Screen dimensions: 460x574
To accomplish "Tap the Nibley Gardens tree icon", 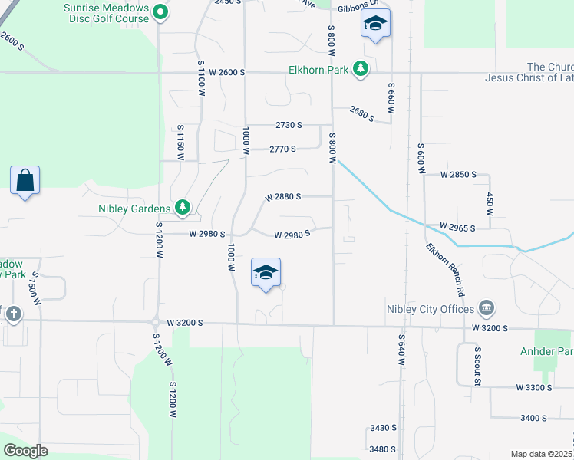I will click(183, 207).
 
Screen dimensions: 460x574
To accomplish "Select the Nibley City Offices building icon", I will click(486, 309).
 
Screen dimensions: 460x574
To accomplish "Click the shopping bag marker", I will click(25, 181).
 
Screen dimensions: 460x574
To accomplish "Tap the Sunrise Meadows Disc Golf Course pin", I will click(160, 11).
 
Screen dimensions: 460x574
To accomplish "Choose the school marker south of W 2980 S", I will click(266, 274).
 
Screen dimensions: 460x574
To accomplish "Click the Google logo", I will click(25, 451).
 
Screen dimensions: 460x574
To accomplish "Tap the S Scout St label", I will click(477, 366).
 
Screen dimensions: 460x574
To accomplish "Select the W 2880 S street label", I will click(283, 197).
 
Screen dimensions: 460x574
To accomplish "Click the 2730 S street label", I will click(289, 125).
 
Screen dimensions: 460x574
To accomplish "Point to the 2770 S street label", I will click(282, 149).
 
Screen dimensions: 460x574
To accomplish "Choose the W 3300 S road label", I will click(534, 388).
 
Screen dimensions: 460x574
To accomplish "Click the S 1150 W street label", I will click(180, 142).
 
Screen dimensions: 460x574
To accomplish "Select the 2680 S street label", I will click(361, 115).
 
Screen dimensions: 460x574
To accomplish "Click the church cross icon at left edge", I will click(13, 314).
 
